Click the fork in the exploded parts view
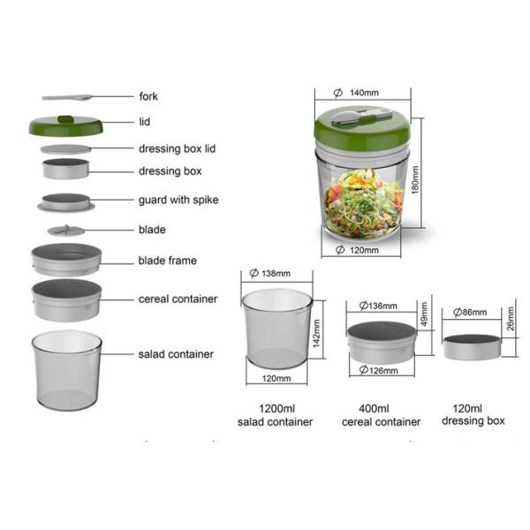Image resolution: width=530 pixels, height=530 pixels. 67,98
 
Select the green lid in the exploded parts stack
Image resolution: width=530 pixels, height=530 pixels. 66,125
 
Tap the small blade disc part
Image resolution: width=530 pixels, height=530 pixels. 66,231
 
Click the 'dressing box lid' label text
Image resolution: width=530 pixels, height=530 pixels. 178,148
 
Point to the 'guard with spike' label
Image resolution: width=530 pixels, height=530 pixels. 178,200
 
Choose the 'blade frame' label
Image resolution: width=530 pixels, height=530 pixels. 167,261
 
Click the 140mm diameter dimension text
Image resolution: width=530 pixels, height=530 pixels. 357,93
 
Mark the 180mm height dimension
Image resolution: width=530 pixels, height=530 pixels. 415,179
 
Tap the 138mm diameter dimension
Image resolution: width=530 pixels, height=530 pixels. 269,273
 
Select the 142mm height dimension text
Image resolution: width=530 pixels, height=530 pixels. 316,333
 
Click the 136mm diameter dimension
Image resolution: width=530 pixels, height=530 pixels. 378,306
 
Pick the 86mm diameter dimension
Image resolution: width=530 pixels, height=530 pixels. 470,312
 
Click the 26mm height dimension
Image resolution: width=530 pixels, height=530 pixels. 511,318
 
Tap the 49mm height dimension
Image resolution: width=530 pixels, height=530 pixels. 424,314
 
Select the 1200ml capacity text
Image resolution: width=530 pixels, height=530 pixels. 276,409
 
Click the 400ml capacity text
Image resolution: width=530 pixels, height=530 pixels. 374,409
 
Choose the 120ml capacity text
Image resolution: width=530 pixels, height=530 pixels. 467,409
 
